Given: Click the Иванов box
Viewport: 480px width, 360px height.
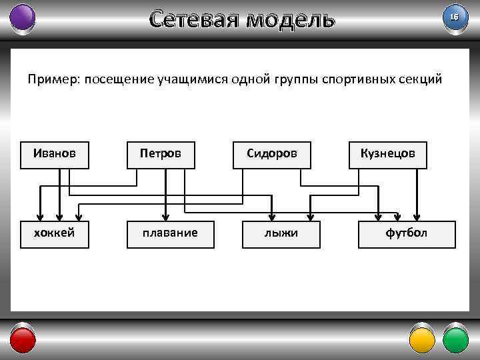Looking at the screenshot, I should pyautogui.click(x=55, y=154).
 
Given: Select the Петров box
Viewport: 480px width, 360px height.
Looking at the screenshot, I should pyautogui.click(x=161, y=154).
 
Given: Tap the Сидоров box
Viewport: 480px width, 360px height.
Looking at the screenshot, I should pyautogui.click(x=271, y=154).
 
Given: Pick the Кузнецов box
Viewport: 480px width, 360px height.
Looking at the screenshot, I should pyautogui.click(x=387, y=154).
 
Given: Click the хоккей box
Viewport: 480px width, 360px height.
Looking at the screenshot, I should pyautogui.click(x=55, y=233).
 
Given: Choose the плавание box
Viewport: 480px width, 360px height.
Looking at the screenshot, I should pyautogui.click(x=171, y=233).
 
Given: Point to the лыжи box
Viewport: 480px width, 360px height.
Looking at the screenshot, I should pyautogui.click(x=281, y=233).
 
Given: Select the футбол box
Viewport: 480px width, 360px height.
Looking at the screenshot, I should pyautogui.click(x=407, y=233).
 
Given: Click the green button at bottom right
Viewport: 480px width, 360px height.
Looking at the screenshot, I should pyautogui.click(x=456, y=339).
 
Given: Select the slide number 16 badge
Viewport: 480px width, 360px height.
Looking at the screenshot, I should pyautogui.click(x=455, y=17).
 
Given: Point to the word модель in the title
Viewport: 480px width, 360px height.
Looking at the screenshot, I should pyautogui.click(x=289, y=19).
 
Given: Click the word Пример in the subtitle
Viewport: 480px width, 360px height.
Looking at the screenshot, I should pyautogui.click(x=51, y=80).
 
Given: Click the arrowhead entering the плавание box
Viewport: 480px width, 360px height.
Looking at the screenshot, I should pyautogui.click(x=165, y=216).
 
